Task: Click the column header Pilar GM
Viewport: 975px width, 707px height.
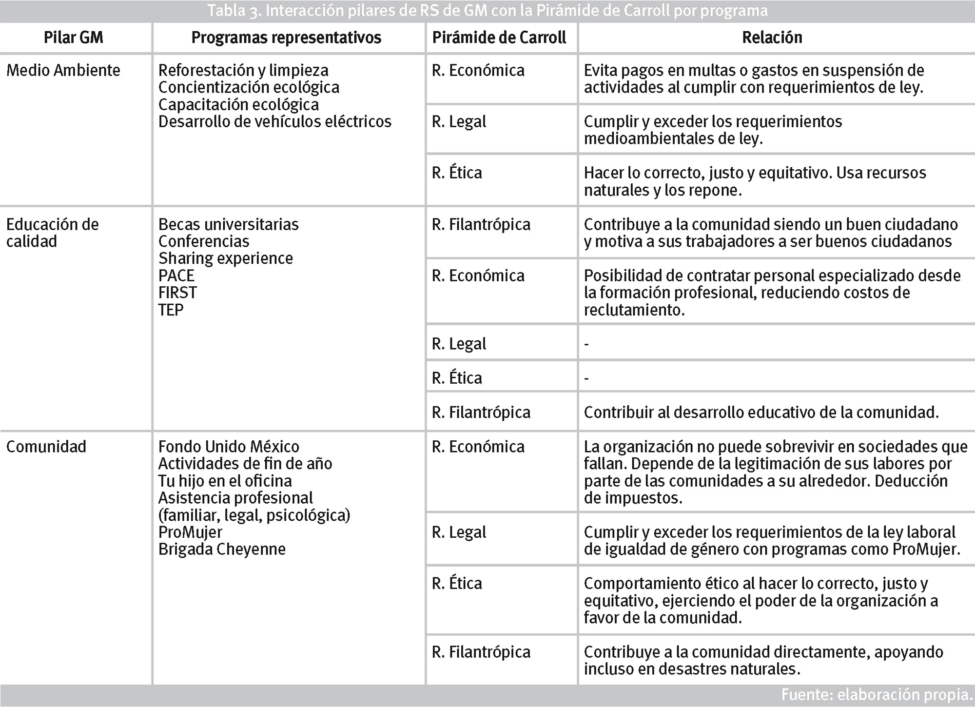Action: pos(74,38)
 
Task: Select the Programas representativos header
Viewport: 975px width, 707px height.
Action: pos(286,38)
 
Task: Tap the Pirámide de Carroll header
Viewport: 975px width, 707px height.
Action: pos(499,38)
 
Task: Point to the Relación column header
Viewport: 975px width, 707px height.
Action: pos(772,38)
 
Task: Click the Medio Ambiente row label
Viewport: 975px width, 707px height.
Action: pos(63,70)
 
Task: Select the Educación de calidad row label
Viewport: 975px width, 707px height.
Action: pos(53,233)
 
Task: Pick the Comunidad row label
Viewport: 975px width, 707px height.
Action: pos(46,447)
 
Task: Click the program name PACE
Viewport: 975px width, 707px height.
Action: pos(176,275)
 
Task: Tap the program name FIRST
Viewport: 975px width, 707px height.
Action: pos(177,293)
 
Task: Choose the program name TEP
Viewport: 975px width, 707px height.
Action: pos(171,310)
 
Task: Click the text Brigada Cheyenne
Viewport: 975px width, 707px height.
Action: pos(222,549)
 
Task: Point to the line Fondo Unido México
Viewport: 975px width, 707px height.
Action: pos(229,447)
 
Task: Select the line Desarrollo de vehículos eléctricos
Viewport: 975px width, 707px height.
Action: pos(275,121)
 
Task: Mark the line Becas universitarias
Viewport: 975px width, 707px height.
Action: pos(229,224)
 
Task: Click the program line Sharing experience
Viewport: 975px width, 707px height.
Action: pos(226,258)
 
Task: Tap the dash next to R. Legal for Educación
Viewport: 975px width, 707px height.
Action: pos(586,344)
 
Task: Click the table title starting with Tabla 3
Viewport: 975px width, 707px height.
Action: pos(487,11)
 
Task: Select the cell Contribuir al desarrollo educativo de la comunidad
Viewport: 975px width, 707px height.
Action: pos(761,412)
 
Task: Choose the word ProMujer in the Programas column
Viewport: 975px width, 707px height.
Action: pos(190,532)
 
